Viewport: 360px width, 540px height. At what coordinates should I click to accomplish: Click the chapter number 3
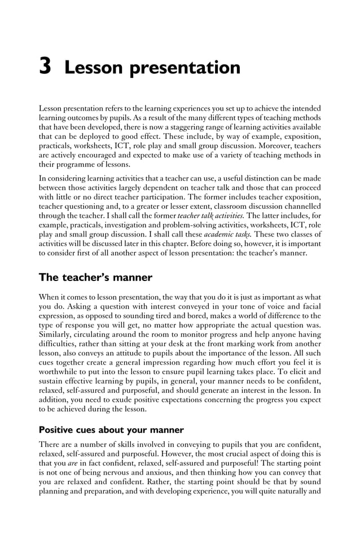(x=46, y=67)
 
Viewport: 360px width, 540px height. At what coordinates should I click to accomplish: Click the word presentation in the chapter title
(x=186, y=69)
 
